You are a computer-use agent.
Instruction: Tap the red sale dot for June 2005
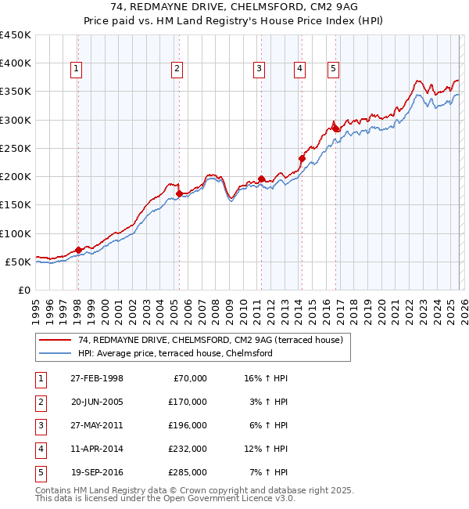[x=179, y=193]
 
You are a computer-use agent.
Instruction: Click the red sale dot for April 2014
[x=302, y=158]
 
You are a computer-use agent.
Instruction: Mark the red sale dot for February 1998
[x=78, y=250]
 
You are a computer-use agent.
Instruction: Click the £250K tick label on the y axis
[x=16, y=148]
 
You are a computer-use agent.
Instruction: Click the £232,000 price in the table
[x=188, y=449]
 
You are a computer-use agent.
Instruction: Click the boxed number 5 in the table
[x=40, y=472]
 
